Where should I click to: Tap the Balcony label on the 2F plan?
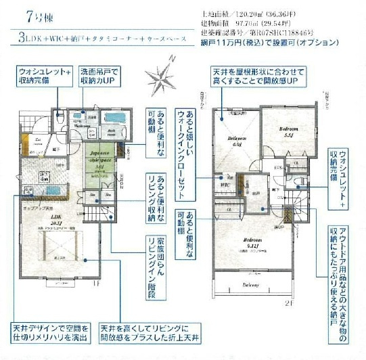coord(252,285)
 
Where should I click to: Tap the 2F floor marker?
coord(290,302)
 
